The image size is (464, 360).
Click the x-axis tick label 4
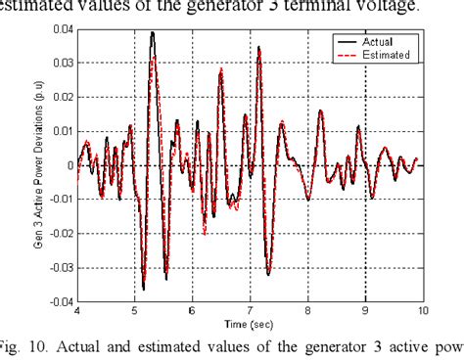(77, 311)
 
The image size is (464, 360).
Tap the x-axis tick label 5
(135, 311)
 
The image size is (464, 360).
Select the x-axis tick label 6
(193, 311)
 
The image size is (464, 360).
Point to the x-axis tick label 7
(251, 311)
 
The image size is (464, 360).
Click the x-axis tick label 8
(308, 311)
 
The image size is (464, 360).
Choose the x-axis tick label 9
(365, 311)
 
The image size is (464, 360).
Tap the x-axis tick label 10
(422, 311)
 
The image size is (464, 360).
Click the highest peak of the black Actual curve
(153, 32)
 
